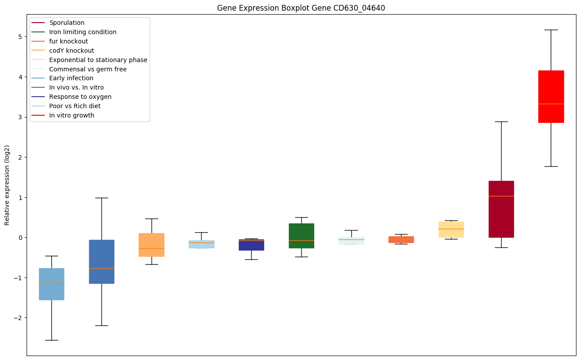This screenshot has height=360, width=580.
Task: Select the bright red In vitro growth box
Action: pyautogui.click(x=551, y=96)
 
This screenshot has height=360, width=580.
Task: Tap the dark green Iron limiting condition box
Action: pyautogui.click(x=301, y=235)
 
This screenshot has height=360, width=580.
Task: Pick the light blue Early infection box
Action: pyautogui.click(x=51, y=284)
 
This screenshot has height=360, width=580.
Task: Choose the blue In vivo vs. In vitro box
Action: pyautogui.click(x=101, y=262)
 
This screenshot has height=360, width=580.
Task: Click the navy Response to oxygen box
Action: pyautogui.click(x=251, y=245)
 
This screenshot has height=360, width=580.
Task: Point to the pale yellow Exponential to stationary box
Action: pyautogui.click(x=451, y=230)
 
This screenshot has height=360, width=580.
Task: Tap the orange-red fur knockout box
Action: pyautogui.click(x=401, y=239)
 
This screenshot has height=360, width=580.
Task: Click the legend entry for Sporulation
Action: pyautogui.click(x=67, y=23)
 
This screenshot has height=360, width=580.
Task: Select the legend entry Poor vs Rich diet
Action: pyautogui.click(x=75, y=106)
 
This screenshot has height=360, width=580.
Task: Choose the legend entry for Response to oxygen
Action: pyautogui.click(x=80, y=97)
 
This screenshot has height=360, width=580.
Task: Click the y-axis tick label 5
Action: pyautogui.click(x=20, y=36)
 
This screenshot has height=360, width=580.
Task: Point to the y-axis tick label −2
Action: pyautogui.click(x=18, y=318)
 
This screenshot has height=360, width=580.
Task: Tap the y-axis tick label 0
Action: pyautogui.click(x=20, y=238)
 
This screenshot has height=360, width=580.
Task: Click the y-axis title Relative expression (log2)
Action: pyautogui.click(x=7, y=185)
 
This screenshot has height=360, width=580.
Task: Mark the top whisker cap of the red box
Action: pyautogui.click(x=551, y=30)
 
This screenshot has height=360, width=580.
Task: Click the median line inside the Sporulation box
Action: pyautogui.click(x=501, y=196)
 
